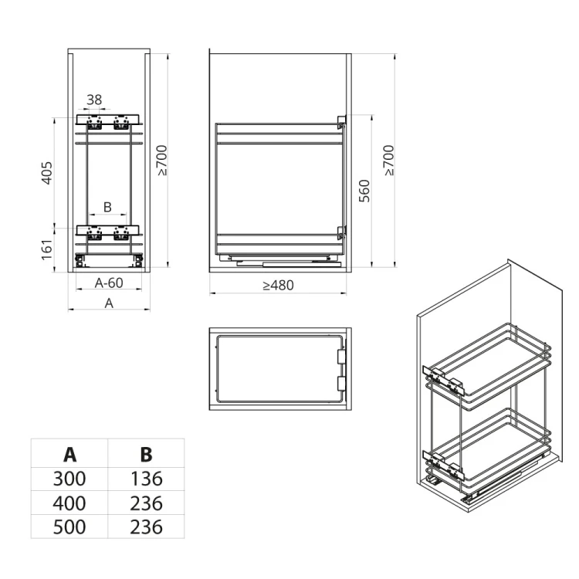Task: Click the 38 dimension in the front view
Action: pos(94,100)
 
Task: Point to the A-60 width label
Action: pos(109,283)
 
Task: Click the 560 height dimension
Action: pos(364,190)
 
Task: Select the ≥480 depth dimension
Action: pos(278,285)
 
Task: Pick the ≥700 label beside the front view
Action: pos(163,161)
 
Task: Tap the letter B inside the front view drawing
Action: pos(107,207)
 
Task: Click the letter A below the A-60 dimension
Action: pos(109,303)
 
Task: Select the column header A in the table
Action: pos(69,453)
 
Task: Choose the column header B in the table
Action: pos(146,453)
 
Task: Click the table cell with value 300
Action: pos(69,479)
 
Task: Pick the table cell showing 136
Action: pos(146,479)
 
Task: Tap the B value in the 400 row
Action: pos(146,503)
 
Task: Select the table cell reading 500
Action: pos(69,527)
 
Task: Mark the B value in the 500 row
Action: pos(146,527)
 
